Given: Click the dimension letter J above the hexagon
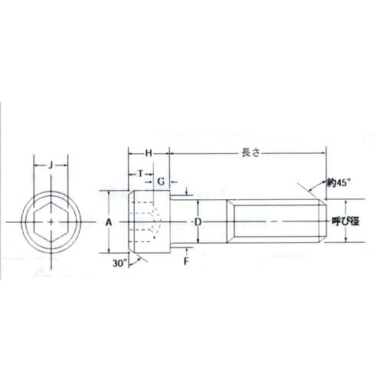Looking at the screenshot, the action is pos(51,165).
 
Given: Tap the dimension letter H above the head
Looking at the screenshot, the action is pos(149,153).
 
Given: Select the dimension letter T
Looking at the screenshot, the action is pos(140,174).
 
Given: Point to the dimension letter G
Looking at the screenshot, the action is pos(161,182).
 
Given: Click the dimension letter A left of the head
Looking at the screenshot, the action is pos(109,223).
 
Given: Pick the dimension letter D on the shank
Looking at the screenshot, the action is pos(198,222).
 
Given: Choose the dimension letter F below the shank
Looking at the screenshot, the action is pos(187,261).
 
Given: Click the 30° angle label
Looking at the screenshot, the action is pos(119,264).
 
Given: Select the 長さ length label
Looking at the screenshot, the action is pos(250,153).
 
